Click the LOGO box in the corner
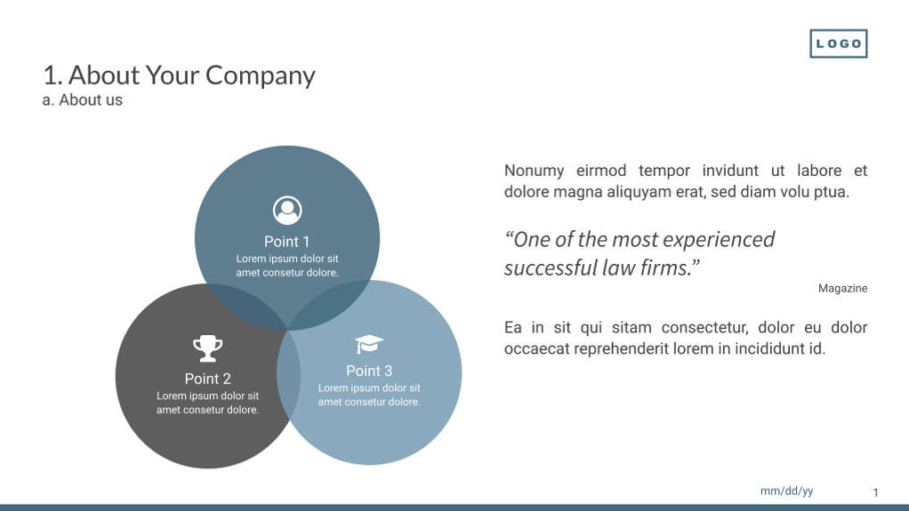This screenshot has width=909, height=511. coord(838,44)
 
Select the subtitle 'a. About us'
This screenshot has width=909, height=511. coord(82,100)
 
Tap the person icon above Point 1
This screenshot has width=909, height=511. coord(287,211)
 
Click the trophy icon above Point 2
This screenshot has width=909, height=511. coord(207,347)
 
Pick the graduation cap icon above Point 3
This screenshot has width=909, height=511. coord(369,344)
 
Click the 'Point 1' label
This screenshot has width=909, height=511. coord(287,242)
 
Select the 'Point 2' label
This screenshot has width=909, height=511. coord(207,379)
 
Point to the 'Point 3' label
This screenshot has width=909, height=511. coord(369,371)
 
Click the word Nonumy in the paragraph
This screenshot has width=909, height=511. coord(534,171)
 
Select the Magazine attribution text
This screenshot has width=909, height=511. coord(842,288)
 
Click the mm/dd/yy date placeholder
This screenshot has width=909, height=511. coord(786,491)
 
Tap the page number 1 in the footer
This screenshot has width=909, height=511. coord(875,492)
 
